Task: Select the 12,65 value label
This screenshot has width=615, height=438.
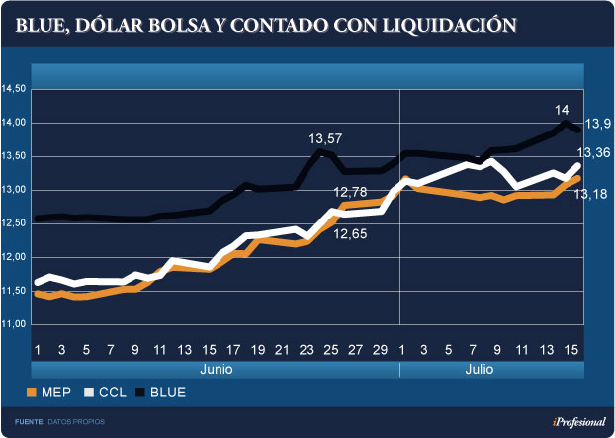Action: click(354, 234)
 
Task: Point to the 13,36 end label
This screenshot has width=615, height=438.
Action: click(594, 152)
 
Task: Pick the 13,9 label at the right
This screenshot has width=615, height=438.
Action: click(596, 123)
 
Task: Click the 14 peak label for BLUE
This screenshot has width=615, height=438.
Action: click(562, 109)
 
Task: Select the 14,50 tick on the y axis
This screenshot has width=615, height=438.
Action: click(14, 89)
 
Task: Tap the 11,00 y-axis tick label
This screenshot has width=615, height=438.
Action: click(14, 324)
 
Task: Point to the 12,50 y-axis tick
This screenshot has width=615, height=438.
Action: click(14, 223)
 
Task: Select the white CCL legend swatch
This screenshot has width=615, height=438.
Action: click(89, 392)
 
